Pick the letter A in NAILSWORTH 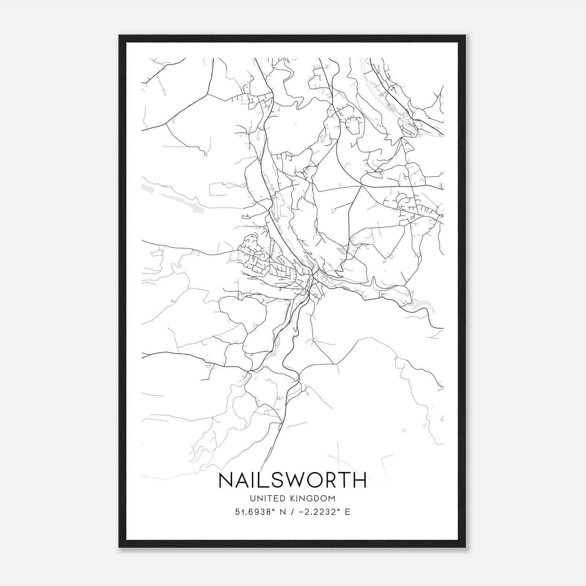[x=244, y=480]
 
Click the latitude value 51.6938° [x=255, y=512]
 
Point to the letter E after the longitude [x=348, y=512]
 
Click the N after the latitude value [x=282, y=512]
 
